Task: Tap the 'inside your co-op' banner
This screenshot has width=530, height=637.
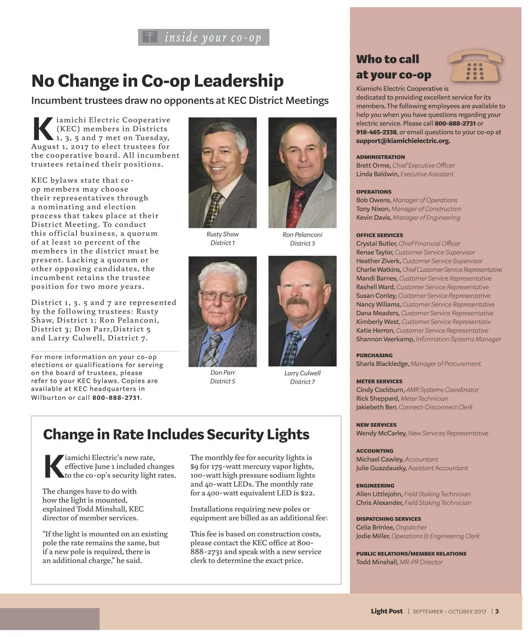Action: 204,38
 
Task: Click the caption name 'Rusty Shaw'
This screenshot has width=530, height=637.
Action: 222,234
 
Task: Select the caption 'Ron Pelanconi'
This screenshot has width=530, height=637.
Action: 303,235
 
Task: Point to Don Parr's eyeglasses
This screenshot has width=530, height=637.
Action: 222,296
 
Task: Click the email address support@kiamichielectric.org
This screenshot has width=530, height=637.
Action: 403,141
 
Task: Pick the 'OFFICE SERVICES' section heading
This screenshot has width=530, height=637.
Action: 379,235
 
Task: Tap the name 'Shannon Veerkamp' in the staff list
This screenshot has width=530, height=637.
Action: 385,339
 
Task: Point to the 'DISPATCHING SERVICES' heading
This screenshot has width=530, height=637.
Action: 388,519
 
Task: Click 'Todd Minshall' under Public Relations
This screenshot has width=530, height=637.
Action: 377,562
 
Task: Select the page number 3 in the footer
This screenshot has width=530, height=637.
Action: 497,611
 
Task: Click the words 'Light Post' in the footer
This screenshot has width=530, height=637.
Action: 386,611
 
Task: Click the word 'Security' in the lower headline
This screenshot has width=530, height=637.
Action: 235,434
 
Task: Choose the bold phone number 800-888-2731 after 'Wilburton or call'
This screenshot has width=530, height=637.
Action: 116,398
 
